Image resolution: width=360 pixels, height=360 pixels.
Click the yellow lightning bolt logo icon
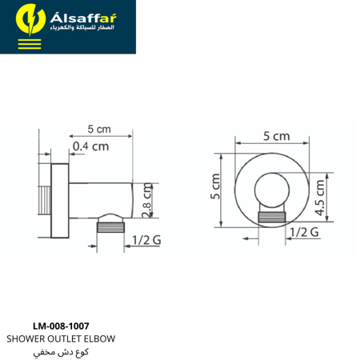30,19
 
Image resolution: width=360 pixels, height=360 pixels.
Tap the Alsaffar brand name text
83,18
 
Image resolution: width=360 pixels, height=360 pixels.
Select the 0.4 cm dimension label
91,146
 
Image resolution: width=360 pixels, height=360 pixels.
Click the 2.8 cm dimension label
147,200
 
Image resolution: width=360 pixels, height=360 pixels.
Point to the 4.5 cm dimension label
320,198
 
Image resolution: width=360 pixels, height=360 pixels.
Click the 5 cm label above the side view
99,129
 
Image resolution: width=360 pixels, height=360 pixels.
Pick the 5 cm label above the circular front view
277,136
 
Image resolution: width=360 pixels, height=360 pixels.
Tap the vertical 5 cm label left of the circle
215,186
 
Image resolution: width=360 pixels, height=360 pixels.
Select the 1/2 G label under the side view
146,240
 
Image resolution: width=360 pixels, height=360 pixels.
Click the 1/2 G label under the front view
304,232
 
